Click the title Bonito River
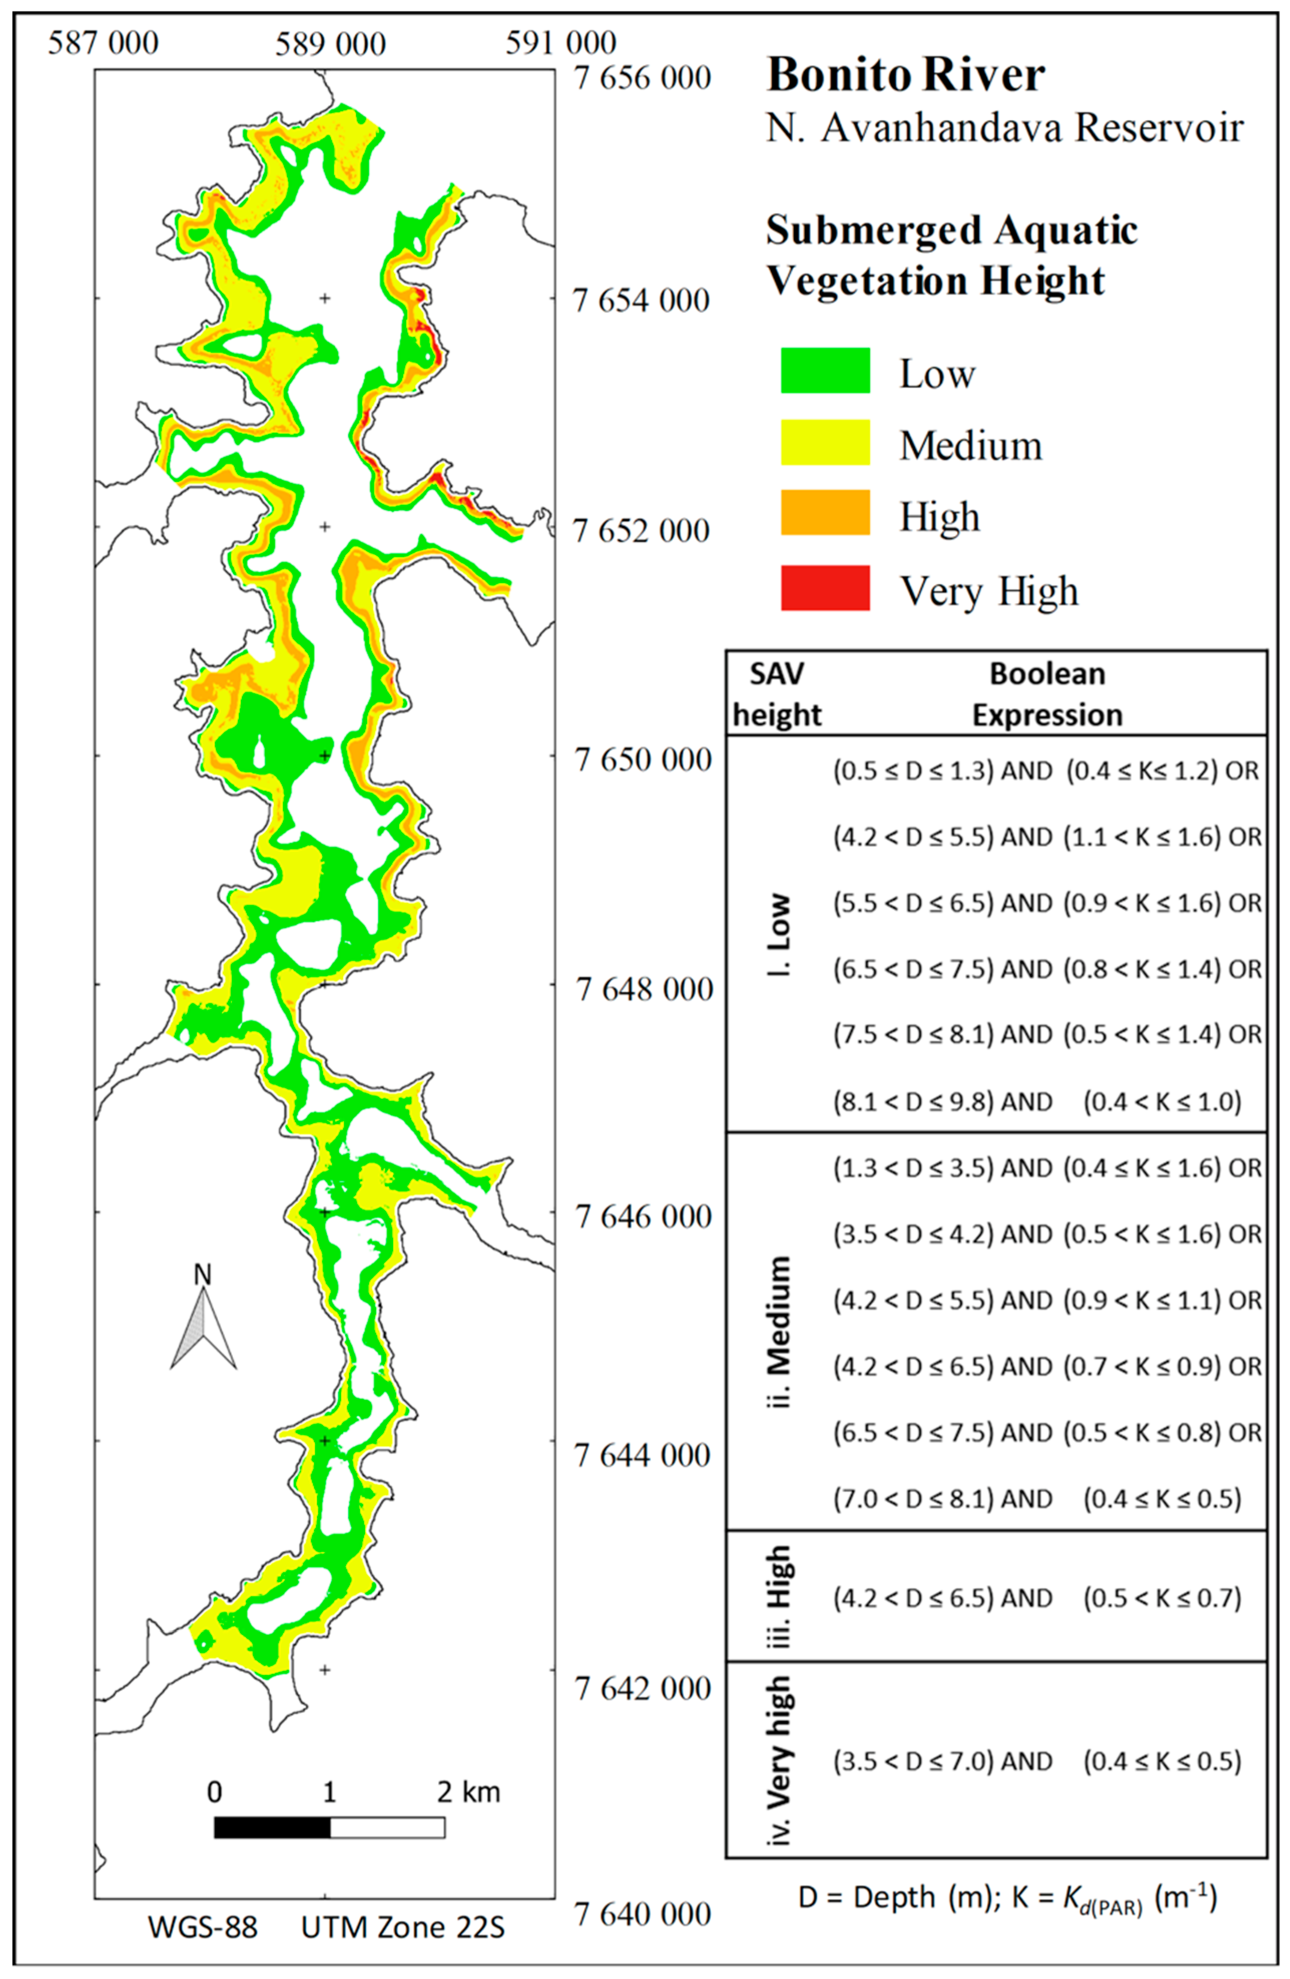coord(905,75)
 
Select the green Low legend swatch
coord(825,371)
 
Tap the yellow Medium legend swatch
coord(825,442)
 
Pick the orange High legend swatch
coord(825,513)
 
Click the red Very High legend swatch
coord(825,588)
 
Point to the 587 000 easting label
coord(103,43)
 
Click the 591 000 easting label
coord(561,43)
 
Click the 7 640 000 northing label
coord(642,1914)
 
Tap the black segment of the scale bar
coord(272,1827)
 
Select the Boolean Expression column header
coord(1047,694)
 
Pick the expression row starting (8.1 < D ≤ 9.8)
coord(1037,1102)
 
